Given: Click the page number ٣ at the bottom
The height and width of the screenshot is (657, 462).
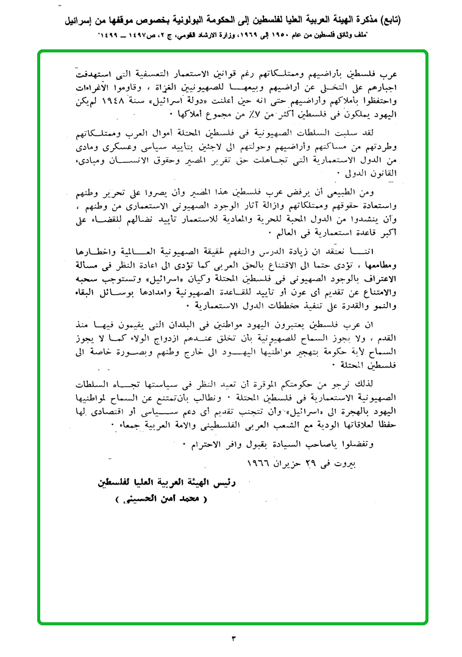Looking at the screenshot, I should point(233,638).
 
